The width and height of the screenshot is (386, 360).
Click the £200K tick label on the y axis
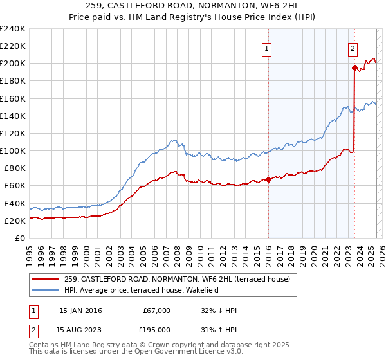pos(12,64)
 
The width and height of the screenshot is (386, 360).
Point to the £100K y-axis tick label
pos(12,150)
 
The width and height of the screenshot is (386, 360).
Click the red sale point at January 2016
pos(268,179)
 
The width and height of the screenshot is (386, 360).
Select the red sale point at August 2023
pos(354,67)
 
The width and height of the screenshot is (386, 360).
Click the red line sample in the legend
pos(46,279)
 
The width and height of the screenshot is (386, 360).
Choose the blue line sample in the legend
pos(46,290)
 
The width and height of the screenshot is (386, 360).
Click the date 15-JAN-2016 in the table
pos(80,310)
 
